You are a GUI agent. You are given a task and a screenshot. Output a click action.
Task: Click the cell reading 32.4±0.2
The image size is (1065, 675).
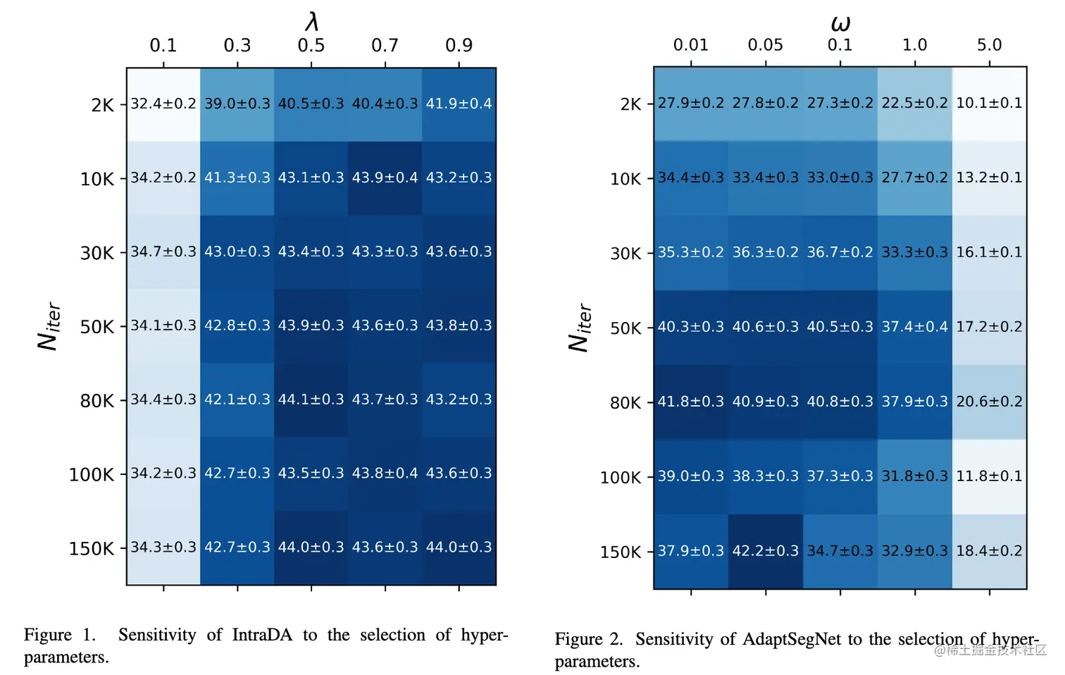163,104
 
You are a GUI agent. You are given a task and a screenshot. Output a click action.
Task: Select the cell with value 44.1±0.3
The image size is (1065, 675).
311,400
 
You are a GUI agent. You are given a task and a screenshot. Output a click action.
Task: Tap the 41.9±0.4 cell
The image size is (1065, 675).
459,104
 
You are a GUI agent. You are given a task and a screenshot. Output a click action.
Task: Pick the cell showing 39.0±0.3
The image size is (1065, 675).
237,104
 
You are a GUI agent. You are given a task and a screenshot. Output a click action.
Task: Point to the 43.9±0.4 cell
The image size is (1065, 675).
385,178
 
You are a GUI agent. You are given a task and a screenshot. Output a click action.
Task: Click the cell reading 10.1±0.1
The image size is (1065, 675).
989,104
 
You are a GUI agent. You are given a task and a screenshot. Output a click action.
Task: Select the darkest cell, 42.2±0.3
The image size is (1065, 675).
766,551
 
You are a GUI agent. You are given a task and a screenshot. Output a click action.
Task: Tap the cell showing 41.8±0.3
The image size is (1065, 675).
691,402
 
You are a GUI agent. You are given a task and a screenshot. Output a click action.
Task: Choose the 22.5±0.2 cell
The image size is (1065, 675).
915,104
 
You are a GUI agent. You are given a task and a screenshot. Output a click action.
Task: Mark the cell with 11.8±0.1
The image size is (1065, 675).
989,476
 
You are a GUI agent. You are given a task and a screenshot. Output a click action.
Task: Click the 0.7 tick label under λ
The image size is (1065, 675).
385,46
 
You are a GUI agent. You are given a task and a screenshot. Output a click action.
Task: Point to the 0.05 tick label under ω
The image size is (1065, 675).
766,45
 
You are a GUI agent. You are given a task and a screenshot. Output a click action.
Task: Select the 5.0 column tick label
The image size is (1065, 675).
989,45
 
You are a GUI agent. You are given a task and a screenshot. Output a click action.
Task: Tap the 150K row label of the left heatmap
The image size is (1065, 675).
92,548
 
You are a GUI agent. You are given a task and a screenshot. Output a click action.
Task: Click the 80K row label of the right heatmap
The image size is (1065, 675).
625,403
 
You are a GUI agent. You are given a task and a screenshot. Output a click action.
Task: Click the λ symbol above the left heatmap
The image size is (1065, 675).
312,22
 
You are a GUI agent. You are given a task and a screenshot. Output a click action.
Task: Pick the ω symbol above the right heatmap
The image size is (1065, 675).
840,24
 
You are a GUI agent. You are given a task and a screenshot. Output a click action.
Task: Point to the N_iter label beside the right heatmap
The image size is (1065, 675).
580,328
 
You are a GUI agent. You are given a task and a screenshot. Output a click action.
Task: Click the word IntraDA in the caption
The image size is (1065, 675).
262,635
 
